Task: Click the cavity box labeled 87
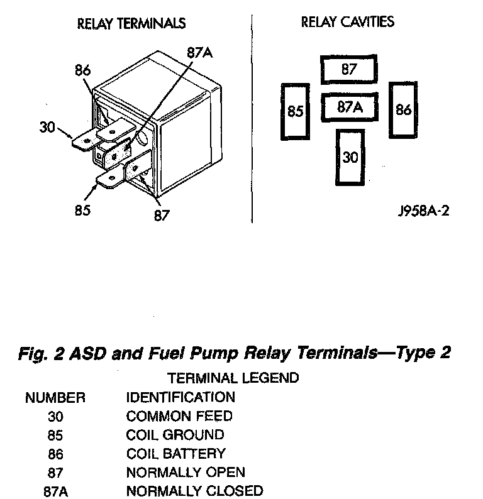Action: tap(349, 70)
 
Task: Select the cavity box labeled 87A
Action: tap(350, 107)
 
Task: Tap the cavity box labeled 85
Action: tap(295, 112)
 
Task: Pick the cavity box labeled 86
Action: tap(403, 110)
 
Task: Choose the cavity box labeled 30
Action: tap(350, 156)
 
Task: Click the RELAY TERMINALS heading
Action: tap(131, 24)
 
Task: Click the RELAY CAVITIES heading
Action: tap(348, 22)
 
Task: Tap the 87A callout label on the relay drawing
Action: tap(199, 53)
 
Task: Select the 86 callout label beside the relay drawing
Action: tap(83, 70)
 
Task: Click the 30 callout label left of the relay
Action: tap(47, 127)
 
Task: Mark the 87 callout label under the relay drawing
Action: tap(162, 216)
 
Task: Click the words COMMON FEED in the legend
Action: tap(179, 416)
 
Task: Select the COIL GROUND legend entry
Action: tap(175, 434)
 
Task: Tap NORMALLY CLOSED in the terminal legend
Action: tap(194, 490)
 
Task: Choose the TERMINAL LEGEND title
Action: tap(233, 378)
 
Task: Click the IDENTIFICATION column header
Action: tap(180, 397)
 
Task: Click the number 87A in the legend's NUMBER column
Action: tap(55, 491)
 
